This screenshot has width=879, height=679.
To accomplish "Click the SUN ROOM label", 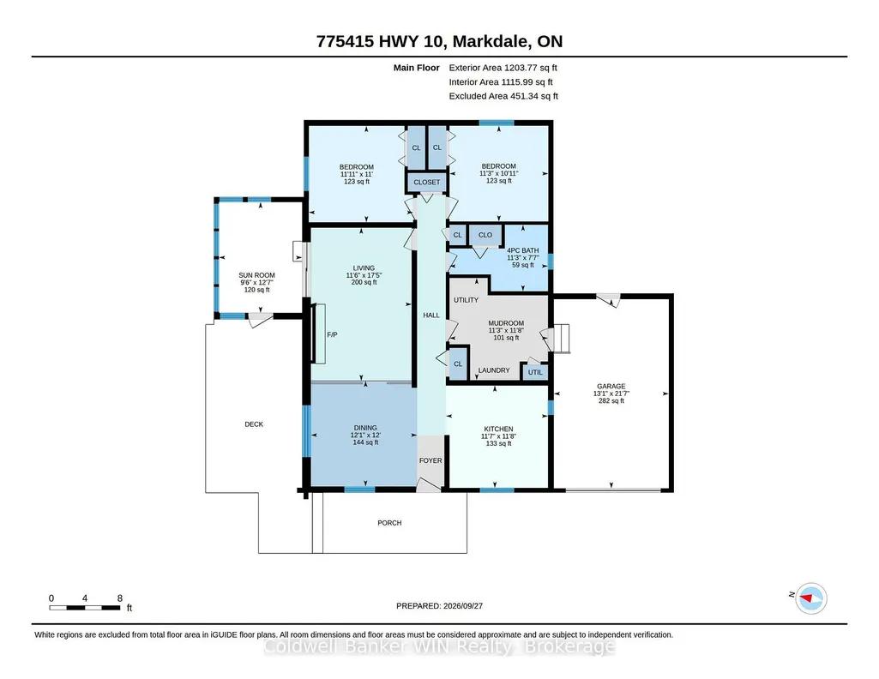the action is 256,275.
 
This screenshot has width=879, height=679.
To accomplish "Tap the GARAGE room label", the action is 611,386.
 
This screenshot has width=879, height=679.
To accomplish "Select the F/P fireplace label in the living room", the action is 332,334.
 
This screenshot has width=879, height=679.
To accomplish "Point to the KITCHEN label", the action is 498,429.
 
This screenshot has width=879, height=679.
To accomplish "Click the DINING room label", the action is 365,428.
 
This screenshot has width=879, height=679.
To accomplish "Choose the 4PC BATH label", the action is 523,250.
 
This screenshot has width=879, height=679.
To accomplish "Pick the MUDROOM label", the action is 506,323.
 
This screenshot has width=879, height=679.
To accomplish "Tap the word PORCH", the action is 389,523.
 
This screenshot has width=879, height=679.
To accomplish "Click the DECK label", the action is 254,424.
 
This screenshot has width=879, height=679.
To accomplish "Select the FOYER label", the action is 430,460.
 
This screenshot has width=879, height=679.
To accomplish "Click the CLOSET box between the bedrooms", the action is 426,182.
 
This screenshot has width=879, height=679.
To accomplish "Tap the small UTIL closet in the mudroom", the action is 535,372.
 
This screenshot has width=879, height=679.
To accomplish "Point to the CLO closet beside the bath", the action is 485,235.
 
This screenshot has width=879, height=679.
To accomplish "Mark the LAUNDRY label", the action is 494,370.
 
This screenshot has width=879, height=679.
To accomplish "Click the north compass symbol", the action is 811,598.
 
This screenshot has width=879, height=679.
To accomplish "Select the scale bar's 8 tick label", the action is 119,598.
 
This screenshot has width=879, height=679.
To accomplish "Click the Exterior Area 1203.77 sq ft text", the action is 503,68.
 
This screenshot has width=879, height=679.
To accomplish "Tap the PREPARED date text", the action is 439,605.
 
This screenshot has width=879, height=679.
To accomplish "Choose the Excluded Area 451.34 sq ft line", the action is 503,96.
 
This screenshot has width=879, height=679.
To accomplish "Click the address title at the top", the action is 439,41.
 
